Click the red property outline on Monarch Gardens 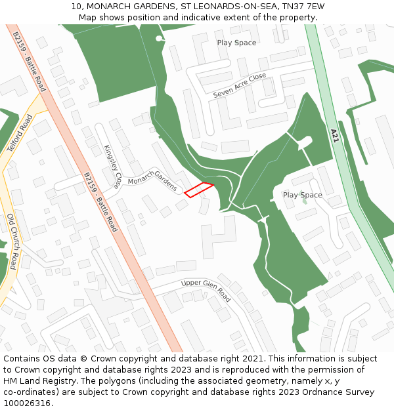click(x=199, y=190)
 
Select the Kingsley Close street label click(x=112, y=167)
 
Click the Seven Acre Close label click(x=240, y=86)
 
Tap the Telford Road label click(x=20, y=134)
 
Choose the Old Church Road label click(x=12, y=241)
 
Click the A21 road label click(x=334, y=136)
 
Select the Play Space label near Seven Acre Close click(x=236, y=43)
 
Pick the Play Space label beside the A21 click(x=302, y=195)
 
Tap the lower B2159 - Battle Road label click(x=100, y=202)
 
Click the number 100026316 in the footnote click(x=28, y=403)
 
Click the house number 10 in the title click(x=76, y=6)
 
